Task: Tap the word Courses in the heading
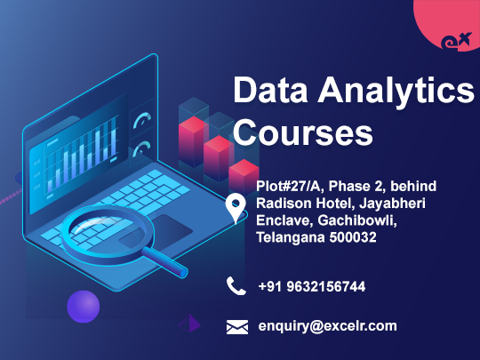[x=302, y=133]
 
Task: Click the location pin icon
[x=235, y=208]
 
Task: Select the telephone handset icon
[x=236, y=285]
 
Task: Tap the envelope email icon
[x=236, y=326]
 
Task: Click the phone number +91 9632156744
[x=311, y=286]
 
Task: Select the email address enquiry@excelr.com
[x=327, y=326]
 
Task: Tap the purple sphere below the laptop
[x=82, y=307]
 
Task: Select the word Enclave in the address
[x=282, y=220]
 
